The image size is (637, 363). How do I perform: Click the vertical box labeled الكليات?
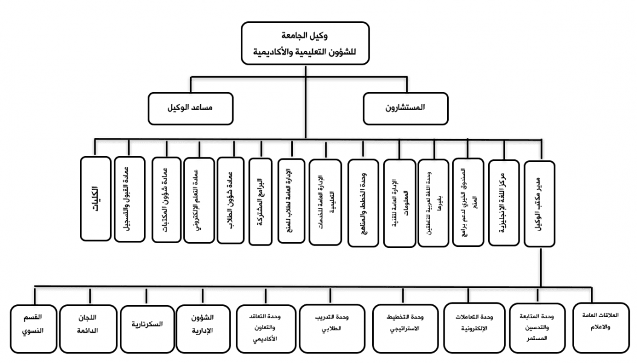[x=96, y=200]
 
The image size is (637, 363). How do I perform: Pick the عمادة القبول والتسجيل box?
[x=129, y=200]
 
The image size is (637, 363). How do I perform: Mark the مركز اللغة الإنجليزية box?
[x=503, y=203]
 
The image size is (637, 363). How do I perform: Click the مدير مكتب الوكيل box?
[x=540, y=203]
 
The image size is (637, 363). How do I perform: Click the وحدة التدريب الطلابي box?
[x=332, y=327]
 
